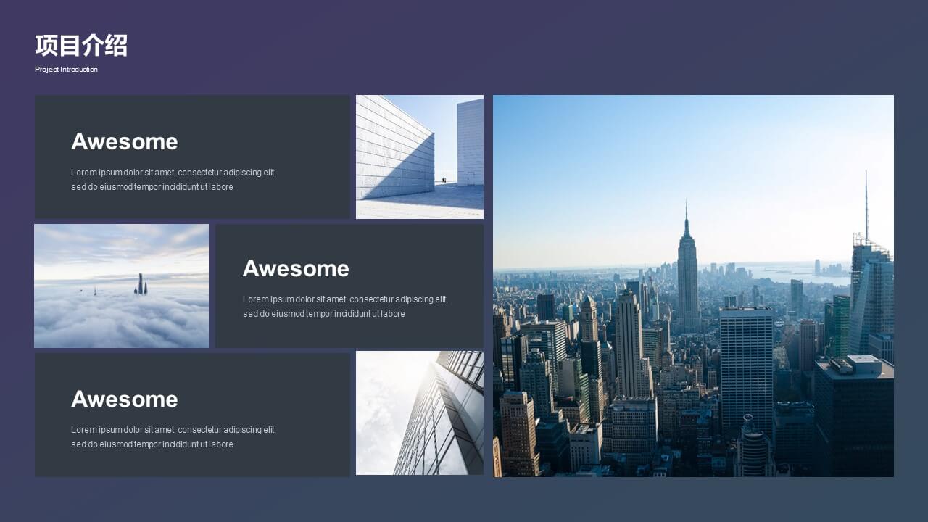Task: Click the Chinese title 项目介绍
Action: tap(81, 45)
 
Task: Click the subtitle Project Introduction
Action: tap(66, 69)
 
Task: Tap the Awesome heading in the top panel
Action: tap(125, 141)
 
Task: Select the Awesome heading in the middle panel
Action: tap(297, 268)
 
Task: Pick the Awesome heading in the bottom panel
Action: tap(125, 399)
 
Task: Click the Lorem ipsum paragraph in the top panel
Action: tap(173, 179)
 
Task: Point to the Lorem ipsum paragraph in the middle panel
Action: tap(346, 307)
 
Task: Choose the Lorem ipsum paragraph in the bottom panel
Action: tap(173, 437)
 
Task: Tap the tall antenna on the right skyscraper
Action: tap(866, 203)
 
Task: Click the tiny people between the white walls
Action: tap(444, 181)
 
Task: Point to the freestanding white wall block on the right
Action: tap(471, 141)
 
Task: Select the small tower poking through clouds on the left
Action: tap(95, 291)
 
